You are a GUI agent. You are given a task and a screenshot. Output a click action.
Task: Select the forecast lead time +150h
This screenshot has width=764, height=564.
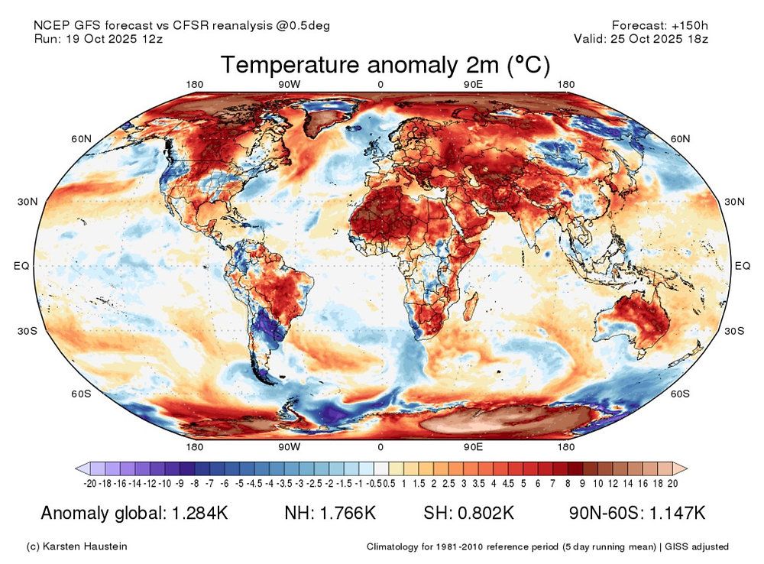[688, 25]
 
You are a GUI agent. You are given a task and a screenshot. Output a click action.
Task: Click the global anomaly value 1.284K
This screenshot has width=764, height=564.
[197, 512]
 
